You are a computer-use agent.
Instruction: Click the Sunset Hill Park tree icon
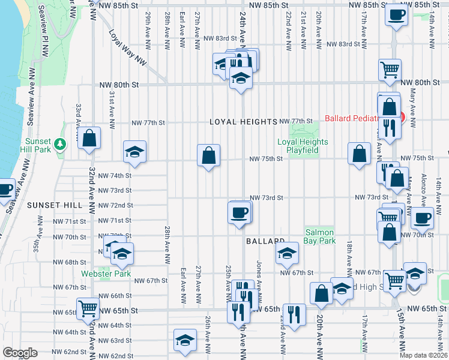click(x=59, y=144)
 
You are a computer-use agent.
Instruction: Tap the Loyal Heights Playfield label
click(x=303, y=146)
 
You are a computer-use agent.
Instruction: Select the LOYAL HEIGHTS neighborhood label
click(x=243, y=122)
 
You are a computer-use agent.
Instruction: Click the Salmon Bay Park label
click(x=320, y=236)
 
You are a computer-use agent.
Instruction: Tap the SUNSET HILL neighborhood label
click(x=54, y=205)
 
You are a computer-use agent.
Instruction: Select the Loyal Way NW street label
click(x=128, y=49)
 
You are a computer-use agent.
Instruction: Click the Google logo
click(x=20, y=353)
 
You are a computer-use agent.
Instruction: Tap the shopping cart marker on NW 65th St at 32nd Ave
click(x=88, y=309)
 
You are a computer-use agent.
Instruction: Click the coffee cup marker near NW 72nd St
click(x=239, y=212)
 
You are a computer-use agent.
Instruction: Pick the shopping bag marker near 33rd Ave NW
click(x=89, y=139)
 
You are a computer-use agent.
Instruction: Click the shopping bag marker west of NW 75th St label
click(x=208, y=155)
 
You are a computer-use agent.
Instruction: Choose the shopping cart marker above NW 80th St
click(x=390, y=70)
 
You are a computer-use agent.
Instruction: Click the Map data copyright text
click(x=423, y=355)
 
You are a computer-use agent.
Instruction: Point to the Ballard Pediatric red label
click(x=363, y=118)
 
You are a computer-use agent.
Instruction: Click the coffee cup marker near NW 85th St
click(x=396, y=16)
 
